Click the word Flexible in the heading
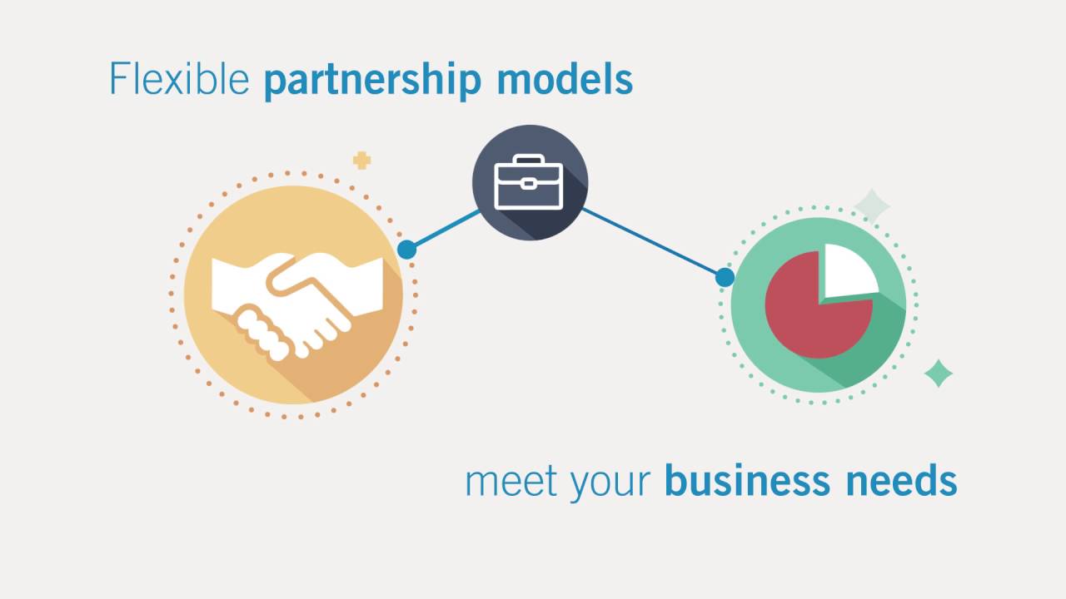click(179, 80)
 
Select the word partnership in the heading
click(372, 82)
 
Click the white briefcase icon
click(529, 185)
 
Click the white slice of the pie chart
click(848, 270)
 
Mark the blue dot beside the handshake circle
click(406, 249)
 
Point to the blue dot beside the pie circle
click(725, 277)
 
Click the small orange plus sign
click(361, 160)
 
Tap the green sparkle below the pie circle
click(939, 374)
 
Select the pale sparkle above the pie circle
click(872, 205)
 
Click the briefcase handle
click(529, 161)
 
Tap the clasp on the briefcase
click(529, 182)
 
